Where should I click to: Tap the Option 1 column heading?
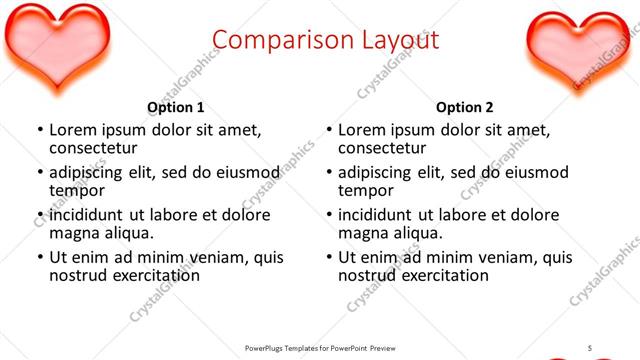tap(176, 108)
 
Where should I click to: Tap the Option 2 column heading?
tap(465, 108)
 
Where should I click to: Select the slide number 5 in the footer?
tap(589, 347)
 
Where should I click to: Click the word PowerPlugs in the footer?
tap(267, 348)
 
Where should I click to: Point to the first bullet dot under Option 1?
tap(40, 131)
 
